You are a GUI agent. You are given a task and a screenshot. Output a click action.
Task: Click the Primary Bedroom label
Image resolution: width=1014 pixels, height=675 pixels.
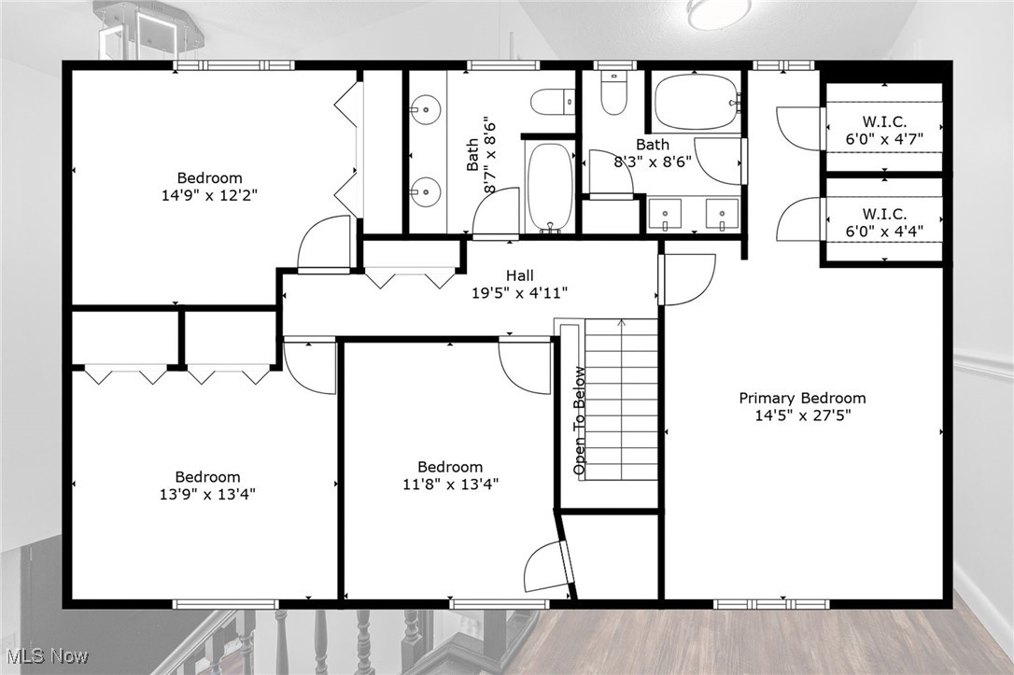(x=802, y=398)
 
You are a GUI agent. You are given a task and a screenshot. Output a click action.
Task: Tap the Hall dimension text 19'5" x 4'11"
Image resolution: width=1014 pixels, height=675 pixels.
(x=519, y=292)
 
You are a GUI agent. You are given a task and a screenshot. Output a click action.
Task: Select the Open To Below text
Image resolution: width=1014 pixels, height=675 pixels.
(x=580, y=420)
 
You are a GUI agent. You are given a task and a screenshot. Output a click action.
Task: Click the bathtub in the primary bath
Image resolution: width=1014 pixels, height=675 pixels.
(x=696, y=102)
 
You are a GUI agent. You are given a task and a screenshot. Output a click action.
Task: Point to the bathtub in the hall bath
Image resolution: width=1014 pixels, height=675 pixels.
(x=550, y=185)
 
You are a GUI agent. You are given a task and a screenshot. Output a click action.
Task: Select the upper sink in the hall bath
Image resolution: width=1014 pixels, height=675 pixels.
(x=426, y=110)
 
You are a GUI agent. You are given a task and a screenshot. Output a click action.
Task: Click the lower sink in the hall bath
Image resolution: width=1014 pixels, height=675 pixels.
(x=426, y=190)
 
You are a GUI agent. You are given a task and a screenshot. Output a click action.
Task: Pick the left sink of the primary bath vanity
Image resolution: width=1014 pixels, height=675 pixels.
(x=665, y=213)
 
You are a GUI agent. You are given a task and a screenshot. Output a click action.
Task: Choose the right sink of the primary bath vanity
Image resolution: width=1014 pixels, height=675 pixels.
(x=722, y=213)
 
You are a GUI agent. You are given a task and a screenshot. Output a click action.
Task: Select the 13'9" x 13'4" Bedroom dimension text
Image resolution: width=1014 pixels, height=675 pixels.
(x=207, y=494)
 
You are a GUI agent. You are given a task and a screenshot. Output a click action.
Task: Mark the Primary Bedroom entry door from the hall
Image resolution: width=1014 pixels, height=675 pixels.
(x=686, y=279)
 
